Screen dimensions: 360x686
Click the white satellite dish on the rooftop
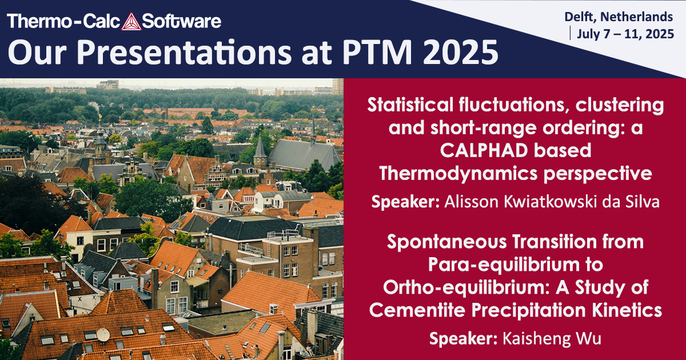(x=103, y=334)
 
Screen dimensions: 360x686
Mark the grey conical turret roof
(x=260, y=148)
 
